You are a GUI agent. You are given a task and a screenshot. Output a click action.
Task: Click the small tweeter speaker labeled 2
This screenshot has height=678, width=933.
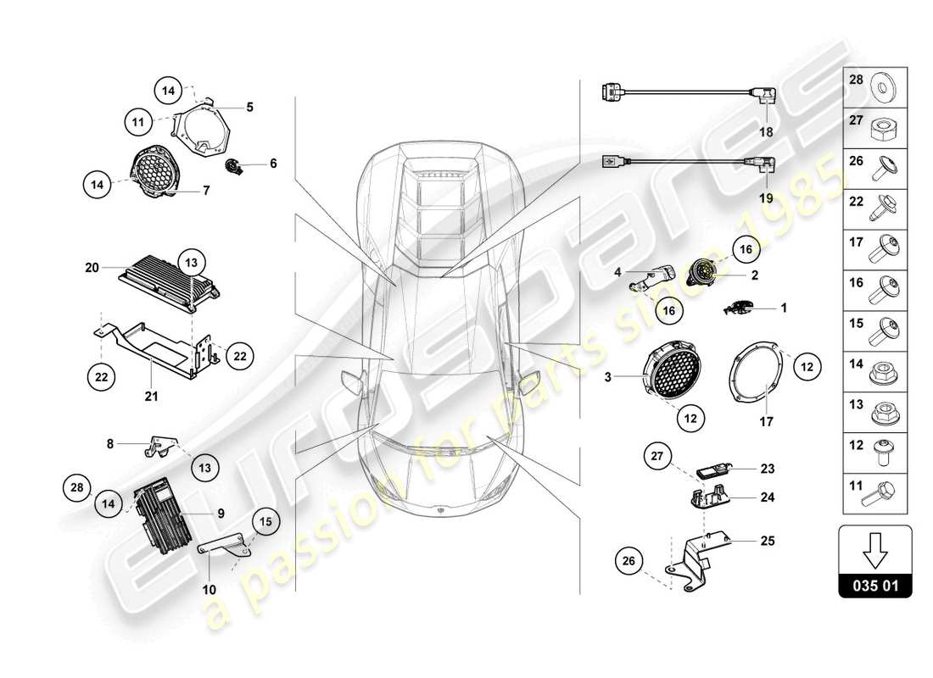point(703,273)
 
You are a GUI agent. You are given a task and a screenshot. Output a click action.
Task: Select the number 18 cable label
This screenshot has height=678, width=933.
point(766,133)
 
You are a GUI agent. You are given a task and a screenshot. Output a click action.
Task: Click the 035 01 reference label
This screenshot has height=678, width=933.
point(874,585)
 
